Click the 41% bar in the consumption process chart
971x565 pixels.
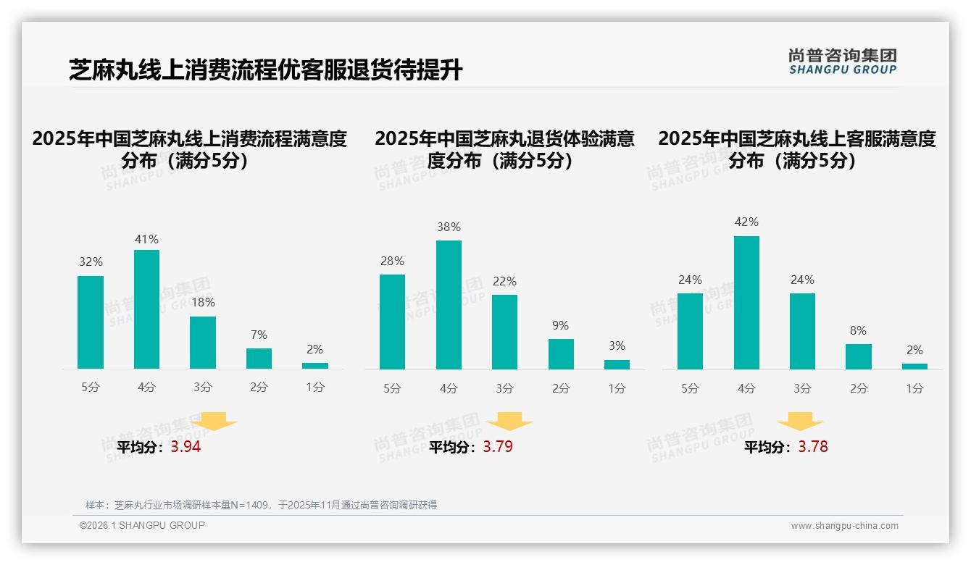click(146, 309)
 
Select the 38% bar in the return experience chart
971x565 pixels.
click(449, 305)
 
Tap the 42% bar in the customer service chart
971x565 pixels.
click(746, 303)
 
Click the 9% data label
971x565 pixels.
click(560, 326)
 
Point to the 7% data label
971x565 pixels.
click(259, 335)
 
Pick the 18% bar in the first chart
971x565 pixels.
click(203, 343)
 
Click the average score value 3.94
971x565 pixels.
click(186, 447)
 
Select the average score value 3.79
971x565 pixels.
click(498, 447)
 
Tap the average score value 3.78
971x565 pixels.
click(812, 447)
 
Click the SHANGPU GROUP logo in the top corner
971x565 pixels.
click(842, 62)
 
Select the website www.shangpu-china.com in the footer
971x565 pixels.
click(844, 526)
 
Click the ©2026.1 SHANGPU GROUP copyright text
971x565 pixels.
click(142, 525)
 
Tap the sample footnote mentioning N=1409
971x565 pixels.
click(261, 505)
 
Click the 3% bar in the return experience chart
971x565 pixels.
click(617, 364)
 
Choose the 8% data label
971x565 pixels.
click(858, 331)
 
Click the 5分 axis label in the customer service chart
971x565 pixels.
click(690, 388)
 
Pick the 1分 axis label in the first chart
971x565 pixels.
click(315, 387)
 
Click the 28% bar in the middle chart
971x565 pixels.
click(392, 322)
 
